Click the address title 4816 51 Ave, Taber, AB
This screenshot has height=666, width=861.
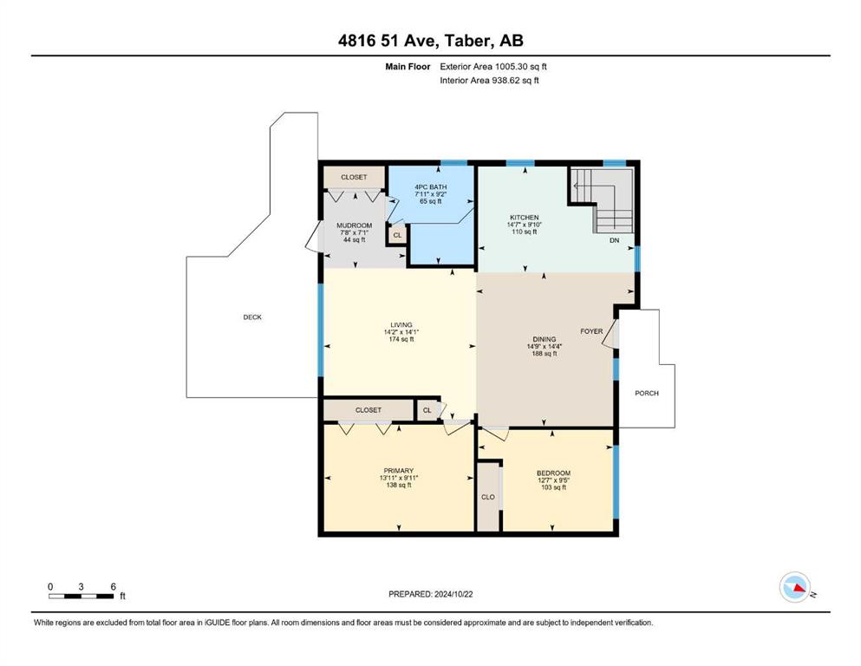(430, 40)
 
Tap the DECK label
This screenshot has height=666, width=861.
(252, 317)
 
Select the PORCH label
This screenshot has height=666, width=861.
(647, 393)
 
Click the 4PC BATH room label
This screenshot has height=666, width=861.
(430, 187)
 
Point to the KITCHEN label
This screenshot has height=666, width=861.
(525, 218)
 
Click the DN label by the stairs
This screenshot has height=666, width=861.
(615, 240)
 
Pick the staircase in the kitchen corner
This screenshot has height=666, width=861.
(603, 199)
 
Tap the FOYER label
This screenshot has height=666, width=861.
(591, 331)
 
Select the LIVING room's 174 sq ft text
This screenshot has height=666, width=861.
(401, 339)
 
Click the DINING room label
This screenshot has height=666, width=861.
(545, 339)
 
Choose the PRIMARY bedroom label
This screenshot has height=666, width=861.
(399, 471)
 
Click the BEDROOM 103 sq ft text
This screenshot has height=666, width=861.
(553, 487)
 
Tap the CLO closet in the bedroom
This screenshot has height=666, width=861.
(488, 497)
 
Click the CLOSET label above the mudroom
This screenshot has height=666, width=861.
(354, 178)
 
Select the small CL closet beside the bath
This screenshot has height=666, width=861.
(398, 235)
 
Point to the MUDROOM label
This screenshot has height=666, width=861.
(354, 225)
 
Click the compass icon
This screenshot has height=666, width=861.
(795, 587)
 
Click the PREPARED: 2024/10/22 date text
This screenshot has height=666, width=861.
(430, 594)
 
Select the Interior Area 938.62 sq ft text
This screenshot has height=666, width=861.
(489, 80)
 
